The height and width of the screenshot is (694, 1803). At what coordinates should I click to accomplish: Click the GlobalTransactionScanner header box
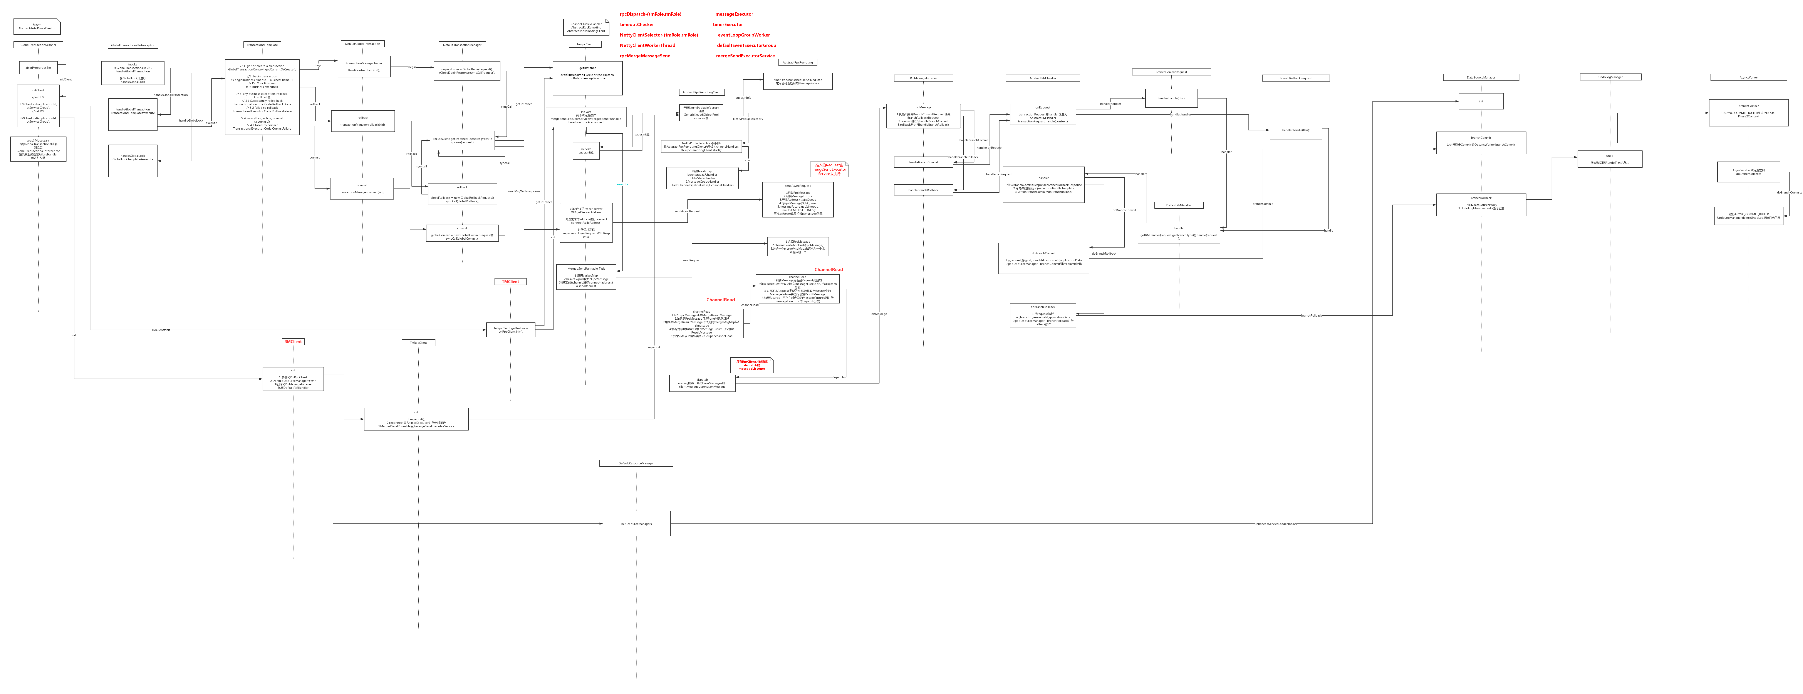tap(39, 45)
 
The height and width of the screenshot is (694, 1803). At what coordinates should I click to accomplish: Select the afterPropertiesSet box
tap(39, 68)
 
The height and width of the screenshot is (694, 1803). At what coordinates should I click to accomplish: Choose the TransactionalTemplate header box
tap(262, 45)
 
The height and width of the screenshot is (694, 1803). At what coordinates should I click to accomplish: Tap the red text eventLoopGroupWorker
tap(743, 35)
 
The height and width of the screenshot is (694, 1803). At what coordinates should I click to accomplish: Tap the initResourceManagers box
tap(636, 523)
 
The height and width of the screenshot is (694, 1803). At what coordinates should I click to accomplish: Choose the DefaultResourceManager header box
tap(636, 463)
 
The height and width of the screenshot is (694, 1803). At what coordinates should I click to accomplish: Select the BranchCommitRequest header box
tap(1171, 72)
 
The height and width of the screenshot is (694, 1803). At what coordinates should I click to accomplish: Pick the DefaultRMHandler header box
tap(1179, 205)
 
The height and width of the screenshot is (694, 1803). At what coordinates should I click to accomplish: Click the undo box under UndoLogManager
tap(1610, 159)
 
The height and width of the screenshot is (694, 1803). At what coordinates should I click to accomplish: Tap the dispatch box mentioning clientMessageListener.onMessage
tap(702, 383)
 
